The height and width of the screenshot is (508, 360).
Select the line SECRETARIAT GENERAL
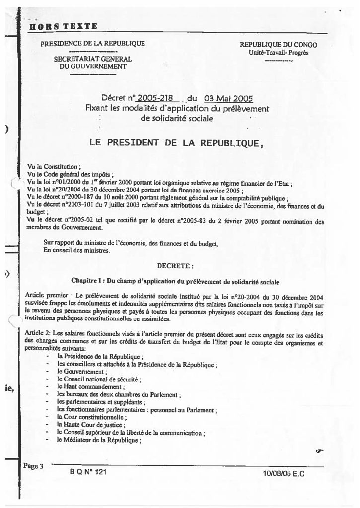point(93,59)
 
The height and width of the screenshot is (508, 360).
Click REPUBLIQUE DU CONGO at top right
point(278,45)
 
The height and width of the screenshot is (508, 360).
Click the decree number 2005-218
point(154,98)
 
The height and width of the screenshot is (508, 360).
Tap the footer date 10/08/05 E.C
point(284,473)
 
